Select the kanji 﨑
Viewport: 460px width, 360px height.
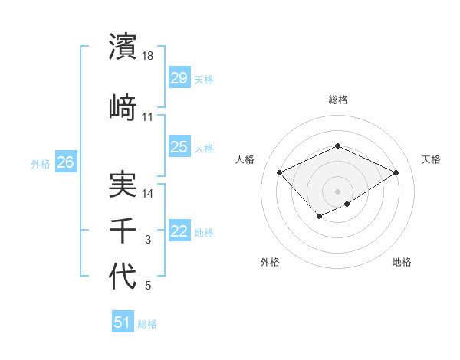click(x=123, y=106)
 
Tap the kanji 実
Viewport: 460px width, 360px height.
click(x=123, y=185)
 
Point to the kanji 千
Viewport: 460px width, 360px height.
click(x=123, y=230)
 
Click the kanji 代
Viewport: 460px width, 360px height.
click(x=123, y=276)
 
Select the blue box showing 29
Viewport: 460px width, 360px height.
click(x=179, y=78)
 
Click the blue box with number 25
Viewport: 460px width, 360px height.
click(x=179, y=147)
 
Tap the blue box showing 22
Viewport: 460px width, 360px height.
click(x=179, y=231)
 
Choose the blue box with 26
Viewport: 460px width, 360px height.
click(x=65, y=162)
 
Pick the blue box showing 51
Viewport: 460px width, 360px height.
click(x=123, y=322)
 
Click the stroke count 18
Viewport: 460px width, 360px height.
click(x=148, y=55)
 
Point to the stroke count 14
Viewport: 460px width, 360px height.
click(x=148, y=194)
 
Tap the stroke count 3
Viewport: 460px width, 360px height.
click(x=148, y=240)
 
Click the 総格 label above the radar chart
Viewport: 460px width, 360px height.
click(x=337, y=100)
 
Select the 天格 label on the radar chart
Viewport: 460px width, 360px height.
click(x=431, y=159)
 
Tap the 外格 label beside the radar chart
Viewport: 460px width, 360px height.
click(x=270, y=262)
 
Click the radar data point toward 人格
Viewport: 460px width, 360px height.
click(x=280, y=172)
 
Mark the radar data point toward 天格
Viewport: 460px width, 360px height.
click(x=396, y=172)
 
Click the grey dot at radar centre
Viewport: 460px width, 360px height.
click(x=337, y=191)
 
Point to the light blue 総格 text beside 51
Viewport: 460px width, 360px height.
click(x=147, y=324)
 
